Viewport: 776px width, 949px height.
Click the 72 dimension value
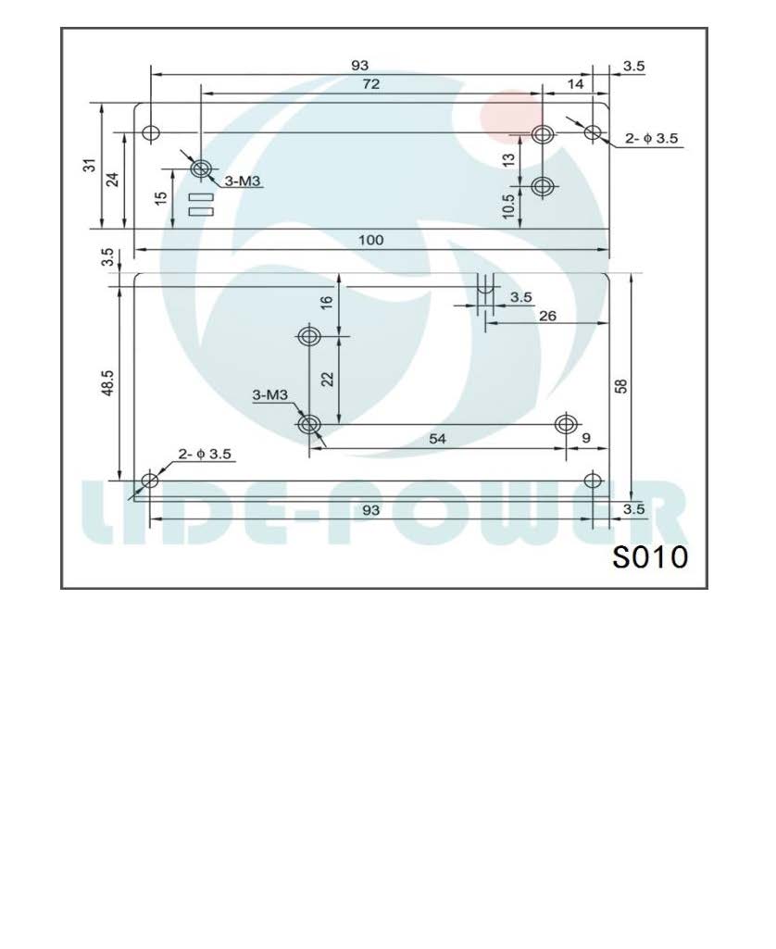click(x=371, y=83)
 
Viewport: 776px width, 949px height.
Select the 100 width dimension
click(x=370, y=240)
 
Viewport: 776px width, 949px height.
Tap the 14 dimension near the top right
click(x=575, y=83)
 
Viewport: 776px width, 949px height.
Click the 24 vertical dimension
click(x=113, y=179)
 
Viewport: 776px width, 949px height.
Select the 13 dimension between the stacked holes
click(x=508, y=159)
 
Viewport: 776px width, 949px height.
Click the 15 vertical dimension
click(x=161, y=198)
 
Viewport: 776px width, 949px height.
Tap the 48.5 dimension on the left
click(x=107, y=383)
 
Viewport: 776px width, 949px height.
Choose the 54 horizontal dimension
click(x=437, y=439)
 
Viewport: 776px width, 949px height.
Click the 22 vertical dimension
click(x=328, y=379)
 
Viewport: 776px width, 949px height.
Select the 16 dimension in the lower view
click(x=328, y=303)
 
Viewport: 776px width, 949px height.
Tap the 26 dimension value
click(x=547, y=315)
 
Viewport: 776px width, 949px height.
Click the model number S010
click(x=650, y=557)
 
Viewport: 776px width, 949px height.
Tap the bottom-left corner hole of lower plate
click(x=149, y=480)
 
